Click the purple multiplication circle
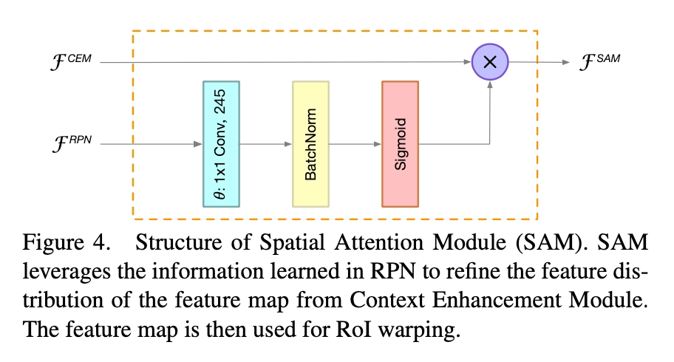tap(489, 62)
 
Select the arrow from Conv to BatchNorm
tap(266, 144)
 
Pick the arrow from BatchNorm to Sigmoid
tap(355, 144)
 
